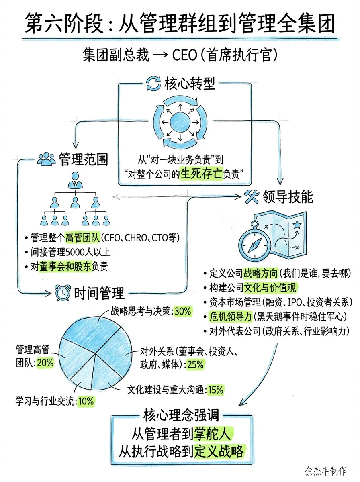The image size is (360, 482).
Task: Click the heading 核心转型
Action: [190, 84]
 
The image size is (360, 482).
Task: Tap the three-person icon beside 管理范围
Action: [46, 159]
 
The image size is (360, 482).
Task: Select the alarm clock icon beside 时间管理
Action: [63, 293]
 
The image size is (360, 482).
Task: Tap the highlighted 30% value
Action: [183, 311]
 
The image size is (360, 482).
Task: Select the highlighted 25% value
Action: [195, 365]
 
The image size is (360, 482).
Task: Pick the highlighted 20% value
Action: [45, 363]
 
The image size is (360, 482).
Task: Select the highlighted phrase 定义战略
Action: [219, 452]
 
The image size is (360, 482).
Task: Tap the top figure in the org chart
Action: [75, 180]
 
